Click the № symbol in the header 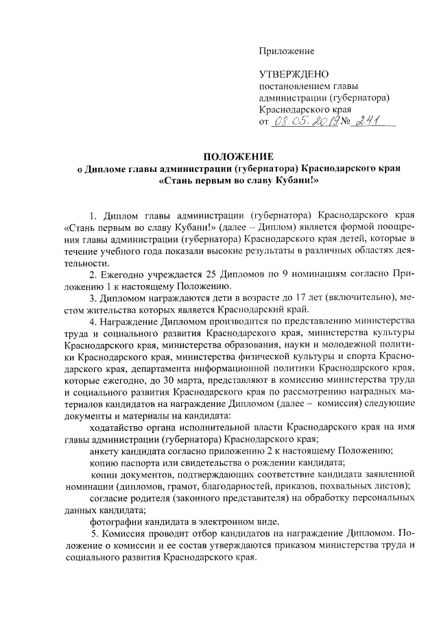[342, 122]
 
